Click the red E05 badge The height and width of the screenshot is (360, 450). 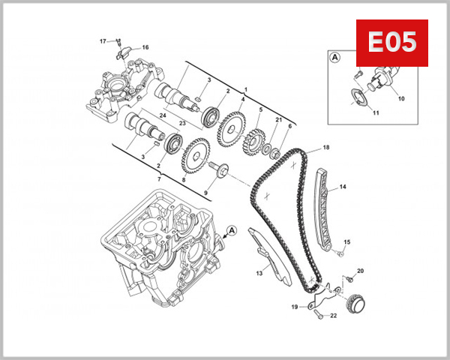pos(391,43)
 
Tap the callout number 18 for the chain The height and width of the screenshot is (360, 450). pos(326,147)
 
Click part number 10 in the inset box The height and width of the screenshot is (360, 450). pos(401,98)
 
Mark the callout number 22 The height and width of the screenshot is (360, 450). pos(334,315)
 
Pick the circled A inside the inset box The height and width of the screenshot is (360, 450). pos(334,55)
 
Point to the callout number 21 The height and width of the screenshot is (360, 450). pos(279,120)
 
